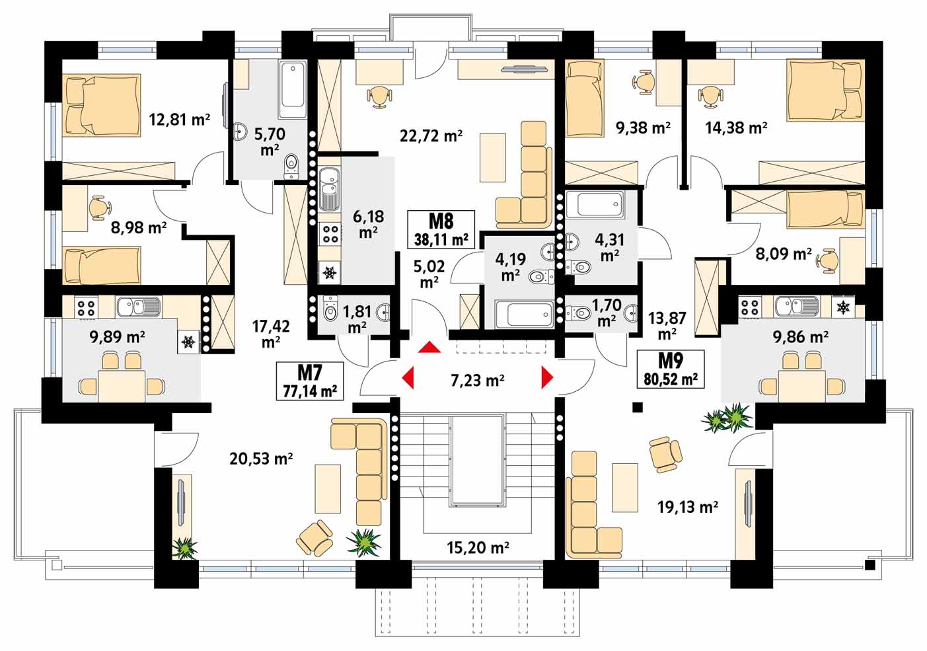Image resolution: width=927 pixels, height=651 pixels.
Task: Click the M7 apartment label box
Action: tap(310, 381)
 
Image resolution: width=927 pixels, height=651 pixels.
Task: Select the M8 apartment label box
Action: tap(441, 229)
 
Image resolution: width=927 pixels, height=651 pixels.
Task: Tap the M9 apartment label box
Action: tap(671, 369)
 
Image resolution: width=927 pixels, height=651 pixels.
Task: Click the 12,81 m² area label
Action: tap(180, 120)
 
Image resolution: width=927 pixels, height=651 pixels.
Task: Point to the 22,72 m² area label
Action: tap(431, 135)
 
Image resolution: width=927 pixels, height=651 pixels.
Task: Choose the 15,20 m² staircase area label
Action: tap(478, 547)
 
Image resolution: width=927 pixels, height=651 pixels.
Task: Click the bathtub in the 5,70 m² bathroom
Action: tap(293, 89)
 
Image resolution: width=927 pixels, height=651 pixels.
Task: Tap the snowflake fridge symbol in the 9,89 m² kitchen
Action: tap(189, 342)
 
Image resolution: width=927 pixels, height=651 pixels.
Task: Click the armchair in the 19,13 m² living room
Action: tap(665, 454)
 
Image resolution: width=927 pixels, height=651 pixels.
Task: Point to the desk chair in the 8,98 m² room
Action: tap(100, 207)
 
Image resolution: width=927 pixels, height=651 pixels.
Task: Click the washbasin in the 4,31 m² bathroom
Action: tap(572, 242)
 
